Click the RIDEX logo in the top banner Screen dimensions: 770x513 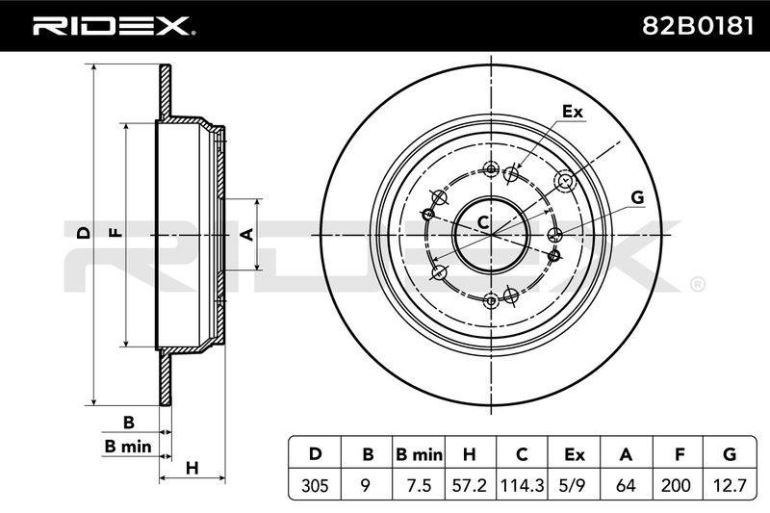pos(114,25)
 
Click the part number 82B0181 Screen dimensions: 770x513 pos(697,26)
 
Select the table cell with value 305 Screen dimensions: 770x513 pos(315,485)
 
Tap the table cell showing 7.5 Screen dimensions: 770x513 pos(419,485)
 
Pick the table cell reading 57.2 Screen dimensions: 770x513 pos(470,485)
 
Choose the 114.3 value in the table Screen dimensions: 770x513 pos(522,485)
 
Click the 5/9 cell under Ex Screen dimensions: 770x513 pos(575,485)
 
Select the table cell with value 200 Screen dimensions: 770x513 pos(679,485)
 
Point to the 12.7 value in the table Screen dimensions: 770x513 pos(731,485)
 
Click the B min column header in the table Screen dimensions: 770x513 pos(419,454)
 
